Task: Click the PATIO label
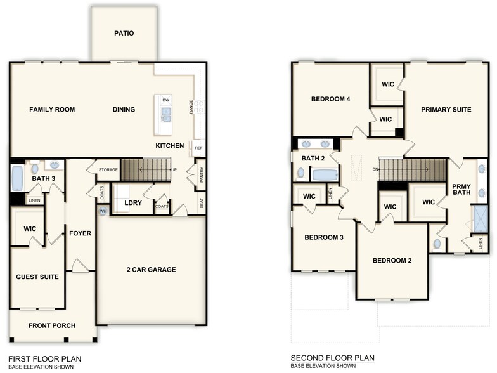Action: pyautogui.click(x=124, y=34)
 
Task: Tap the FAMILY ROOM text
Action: pyautogui.click(x=52, y=110)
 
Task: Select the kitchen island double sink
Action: pyautogui.click(x=166, y=114)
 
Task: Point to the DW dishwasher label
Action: pyautogui.click(x=166, y=100)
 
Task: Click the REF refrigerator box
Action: pyautogui.click(x=198, y=148)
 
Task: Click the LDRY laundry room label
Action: pyautogui.click(x=133, y=203)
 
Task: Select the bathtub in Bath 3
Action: pyautogui.click(x=17, y=178)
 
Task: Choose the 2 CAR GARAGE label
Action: pyautogui.click(x=151, y=270)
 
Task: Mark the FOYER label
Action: pyautogui.click(x=81, y=233)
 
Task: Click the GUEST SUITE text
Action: pyautogui.click(x=37, y=277)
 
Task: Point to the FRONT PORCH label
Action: pyautogui.click(x=51, y=325)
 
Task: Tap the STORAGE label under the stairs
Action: pyautogui.click(x=108, y=170)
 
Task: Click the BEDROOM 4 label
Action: pyautogui.click(x=330, y=100)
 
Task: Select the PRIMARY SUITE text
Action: pyautogui.click(x=446, y=110)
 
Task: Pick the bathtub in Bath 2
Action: pyautogui.click(x=325, y=174)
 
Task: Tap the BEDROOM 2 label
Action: pyautogui.click(x=392, y=261)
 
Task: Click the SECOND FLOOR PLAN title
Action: pyautogui.click(x=332, y=358)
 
